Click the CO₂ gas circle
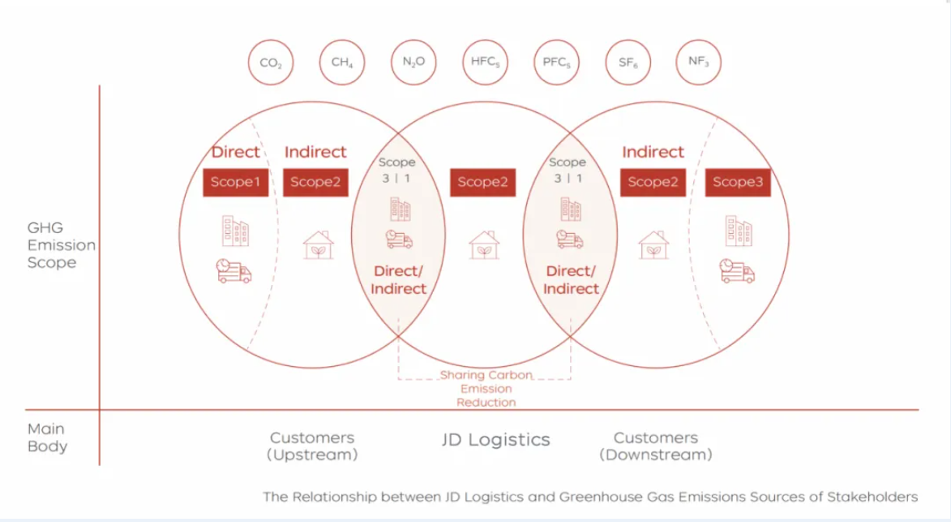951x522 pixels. click(270, 63)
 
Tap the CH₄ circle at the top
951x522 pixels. click(341, 62)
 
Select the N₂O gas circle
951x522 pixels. click(413, 62)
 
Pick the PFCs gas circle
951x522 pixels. click(555, 62)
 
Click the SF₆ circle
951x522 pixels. click(628, 62)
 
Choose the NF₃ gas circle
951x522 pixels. click(698, 62)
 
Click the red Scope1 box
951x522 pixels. click(235, 182)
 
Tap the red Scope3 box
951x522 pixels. click(738, 182)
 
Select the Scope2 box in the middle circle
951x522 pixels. click(482, 182)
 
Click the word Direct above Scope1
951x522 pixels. click(236, 152)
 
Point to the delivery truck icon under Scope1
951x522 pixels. click(234, 271)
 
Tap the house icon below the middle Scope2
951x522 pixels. click(484, 244)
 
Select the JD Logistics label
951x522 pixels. click(495, 440)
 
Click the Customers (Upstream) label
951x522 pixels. click(313, 446)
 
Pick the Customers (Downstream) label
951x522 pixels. click(656, 446)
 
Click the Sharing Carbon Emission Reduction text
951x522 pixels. click(486, 388)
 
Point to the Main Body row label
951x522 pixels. click(47, 437)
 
